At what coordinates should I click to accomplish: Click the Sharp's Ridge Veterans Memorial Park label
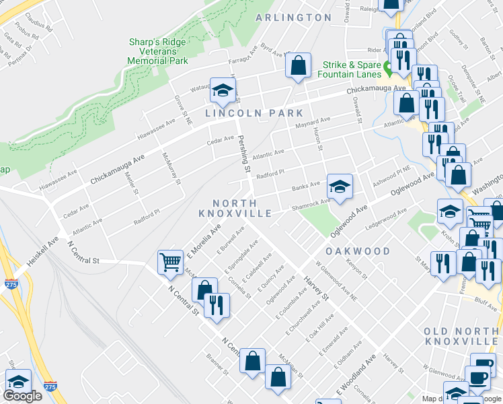point(158,51)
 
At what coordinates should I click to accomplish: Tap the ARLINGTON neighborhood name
point(294,18)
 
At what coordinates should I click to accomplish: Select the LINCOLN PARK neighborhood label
point(255,113)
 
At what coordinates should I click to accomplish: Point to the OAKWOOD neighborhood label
point(358,251)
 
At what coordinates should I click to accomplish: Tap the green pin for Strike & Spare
point(387,67)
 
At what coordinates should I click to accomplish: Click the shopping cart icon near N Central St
point(170,261)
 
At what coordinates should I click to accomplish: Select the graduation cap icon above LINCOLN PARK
point(222,90)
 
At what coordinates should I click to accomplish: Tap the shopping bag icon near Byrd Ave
point(297,65)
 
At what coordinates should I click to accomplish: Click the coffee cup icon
point(479,378)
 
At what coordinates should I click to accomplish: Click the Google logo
point(22,396)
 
